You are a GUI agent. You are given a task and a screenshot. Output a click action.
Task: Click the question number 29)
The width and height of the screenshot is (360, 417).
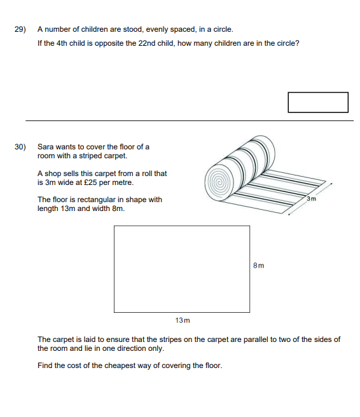coord(20,29)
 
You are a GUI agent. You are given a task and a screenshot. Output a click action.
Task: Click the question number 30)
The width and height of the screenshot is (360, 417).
coord(20,147)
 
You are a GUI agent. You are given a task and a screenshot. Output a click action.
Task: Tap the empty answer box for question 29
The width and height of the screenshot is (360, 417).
coord(318,102)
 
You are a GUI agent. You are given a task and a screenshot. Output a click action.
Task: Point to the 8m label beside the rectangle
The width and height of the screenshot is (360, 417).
coord(259,266)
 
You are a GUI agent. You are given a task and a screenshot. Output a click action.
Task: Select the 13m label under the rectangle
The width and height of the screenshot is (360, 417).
coord(183,320)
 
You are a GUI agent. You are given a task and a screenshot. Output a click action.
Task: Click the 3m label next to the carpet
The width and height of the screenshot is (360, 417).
coord(311,199)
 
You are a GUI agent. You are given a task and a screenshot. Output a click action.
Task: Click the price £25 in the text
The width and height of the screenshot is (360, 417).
coord(90,182)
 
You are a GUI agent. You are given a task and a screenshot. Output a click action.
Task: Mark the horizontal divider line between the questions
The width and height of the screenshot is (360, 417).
coord(190,121)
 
